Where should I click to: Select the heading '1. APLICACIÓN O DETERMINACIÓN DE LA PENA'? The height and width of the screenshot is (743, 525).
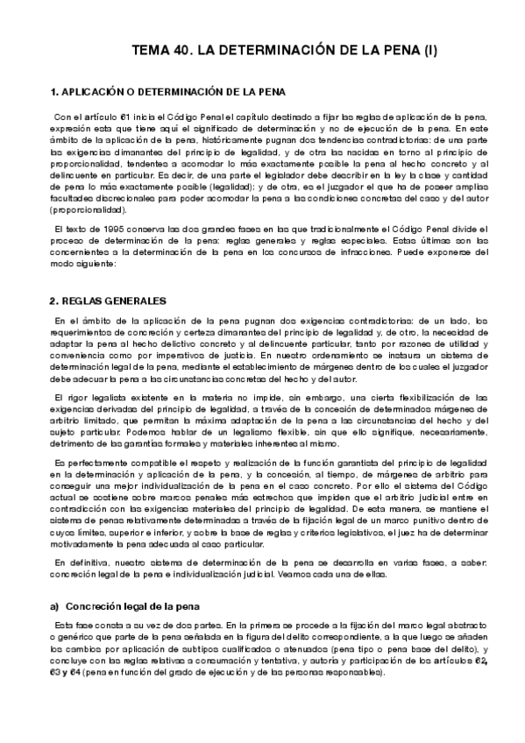pos(167,91)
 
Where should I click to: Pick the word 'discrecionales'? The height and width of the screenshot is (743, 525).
pos(111,199)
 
